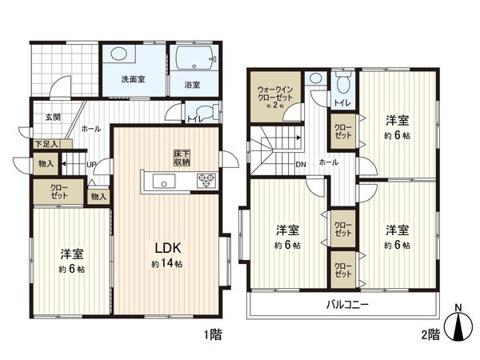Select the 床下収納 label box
(x=182, y=158)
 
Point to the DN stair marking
(x=299, y=166)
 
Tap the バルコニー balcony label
(x=346, y=304)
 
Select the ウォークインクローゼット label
(x=275, y=98)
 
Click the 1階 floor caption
(x=212, y=336)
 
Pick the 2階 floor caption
(x=429, y=336)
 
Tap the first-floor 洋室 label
(x=71, y=254)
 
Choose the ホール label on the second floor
(x=327, y=162)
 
